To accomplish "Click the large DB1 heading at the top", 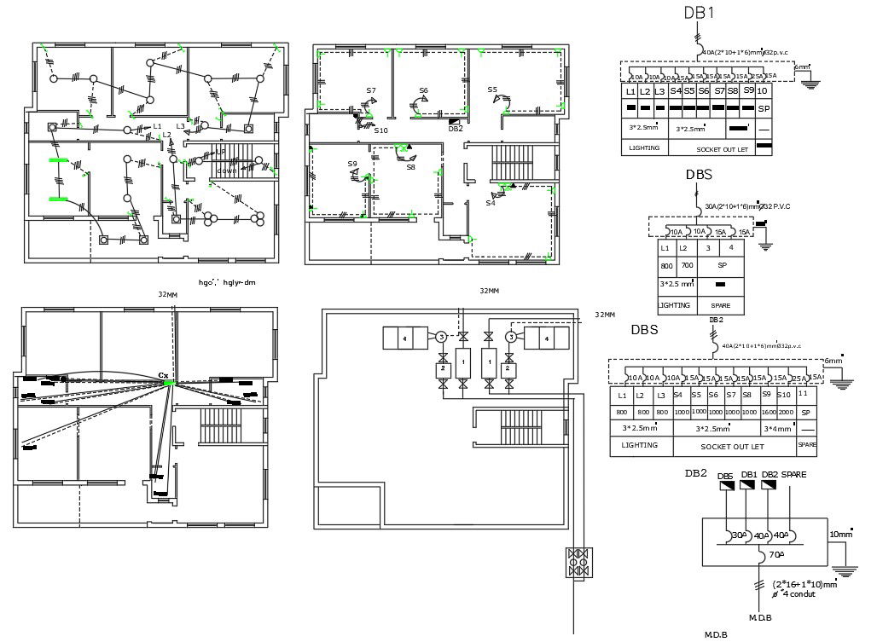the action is tap(699, 13).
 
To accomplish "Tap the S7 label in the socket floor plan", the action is tap(371, 90).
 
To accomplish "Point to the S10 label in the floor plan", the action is tap(380, 130).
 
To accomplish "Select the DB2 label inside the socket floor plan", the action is tap(455, 129).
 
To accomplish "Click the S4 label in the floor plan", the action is tap(491, 203).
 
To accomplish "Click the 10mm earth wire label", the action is tap(840, 535).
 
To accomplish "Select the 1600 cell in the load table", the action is tap(769, 413).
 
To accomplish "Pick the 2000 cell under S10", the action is tap(786, 413).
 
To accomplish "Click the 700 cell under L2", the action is tap(687, 265).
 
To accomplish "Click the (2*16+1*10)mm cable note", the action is tap(803, 585).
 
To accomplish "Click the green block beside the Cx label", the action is tap(169, 383).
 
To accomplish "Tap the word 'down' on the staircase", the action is tap(226, 171).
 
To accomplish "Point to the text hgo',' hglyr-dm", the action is tap(227, 281).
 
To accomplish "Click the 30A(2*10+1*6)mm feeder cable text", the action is tap(739, 206).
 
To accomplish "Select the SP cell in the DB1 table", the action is tap(764, 110).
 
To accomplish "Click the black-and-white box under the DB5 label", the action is tap(727, 486).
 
